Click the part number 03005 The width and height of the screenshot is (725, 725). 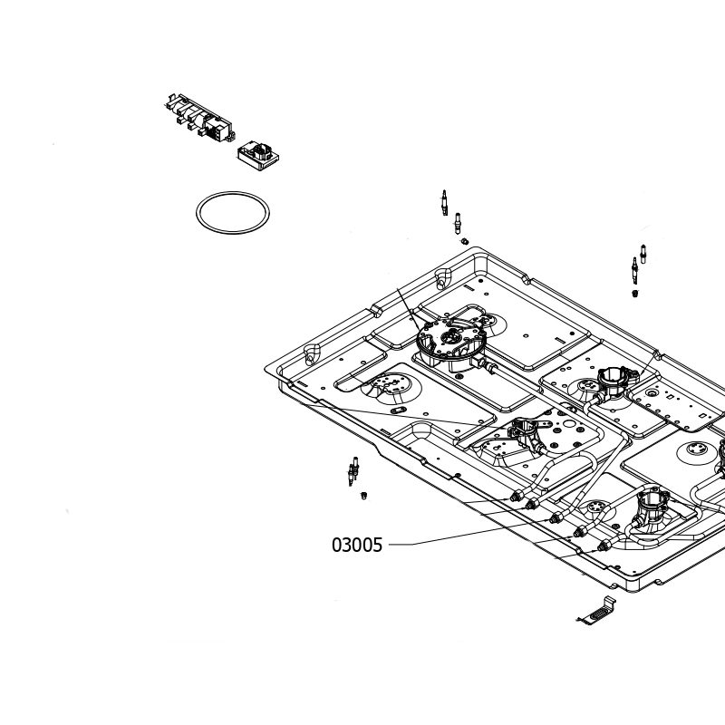(x=357, y=546)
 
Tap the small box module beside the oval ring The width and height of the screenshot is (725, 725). (x=258, y=156)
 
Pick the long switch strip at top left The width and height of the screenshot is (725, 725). (x=199, y=118)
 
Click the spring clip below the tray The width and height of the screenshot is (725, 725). (x=597, y=611)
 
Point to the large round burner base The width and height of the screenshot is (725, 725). (x=450, y=343)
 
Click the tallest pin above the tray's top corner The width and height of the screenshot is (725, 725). (x=444, y=203)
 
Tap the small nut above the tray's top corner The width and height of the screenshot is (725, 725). (x=465, y=241)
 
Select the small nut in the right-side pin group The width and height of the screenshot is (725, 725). (x=635, y=293)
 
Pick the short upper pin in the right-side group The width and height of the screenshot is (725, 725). (x=643, y=254)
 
